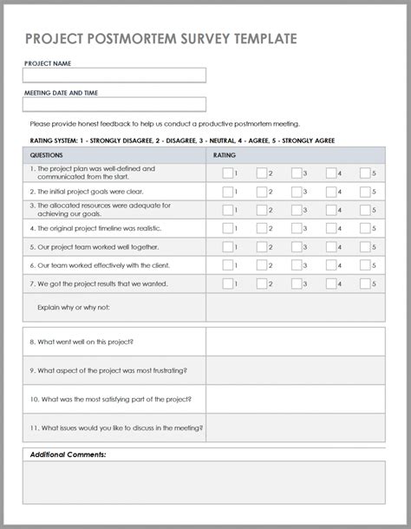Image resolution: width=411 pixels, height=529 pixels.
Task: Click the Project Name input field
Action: tap(114, 75)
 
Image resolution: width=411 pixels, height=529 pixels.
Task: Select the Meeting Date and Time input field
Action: tap(114, 104)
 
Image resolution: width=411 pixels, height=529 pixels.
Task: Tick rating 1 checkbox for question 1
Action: tap(227, 173)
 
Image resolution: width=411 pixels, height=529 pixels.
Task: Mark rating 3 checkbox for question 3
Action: tap(297, 210)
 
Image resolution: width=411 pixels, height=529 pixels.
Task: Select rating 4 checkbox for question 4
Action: tap(331, 228)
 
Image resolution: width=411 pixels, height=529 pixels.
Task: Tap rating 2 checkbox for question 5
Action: tap(262, 246)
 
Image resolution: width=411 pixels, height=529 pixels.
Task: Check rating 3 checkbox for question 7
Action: tap(297, 284)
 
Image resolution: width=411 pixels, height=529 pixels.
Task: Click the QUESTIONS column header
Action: tap(47, 155)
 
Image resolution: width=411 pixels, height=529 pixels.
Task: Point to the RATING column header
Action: tap(224, 155)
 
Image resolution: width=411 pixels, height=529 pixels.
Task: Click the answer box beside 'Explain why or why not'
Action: tap(295, 307)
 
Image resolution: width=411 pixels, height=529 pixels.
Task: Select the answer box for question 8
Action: tap(295, 342)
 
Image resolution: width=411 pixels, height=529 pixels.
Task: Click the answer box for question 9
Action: tap(295, 370)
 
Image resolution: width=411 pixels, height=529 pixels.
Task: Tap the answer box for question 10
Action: tap(295, 399)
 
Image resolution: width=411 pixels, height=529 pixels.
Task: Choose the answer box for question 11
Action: tap(295, 428)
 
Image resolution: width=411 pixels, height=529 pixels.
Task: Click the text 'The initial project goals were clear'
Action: tap(86, 192)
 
